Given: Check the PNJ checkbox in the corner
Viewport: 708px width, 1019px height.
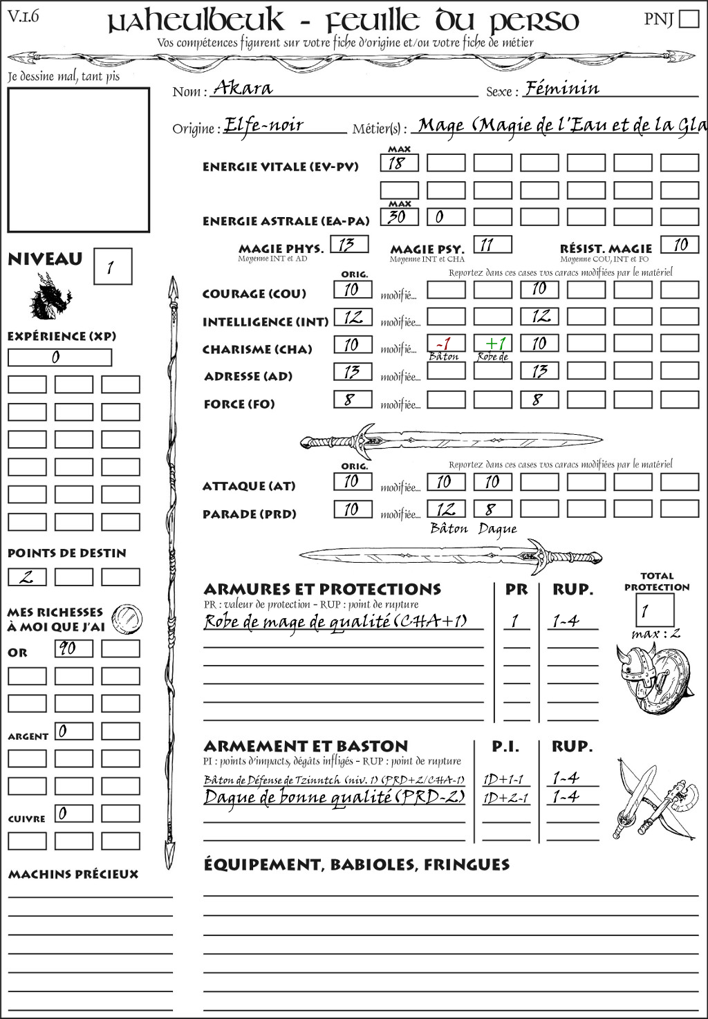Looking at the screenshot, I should pos(689,19).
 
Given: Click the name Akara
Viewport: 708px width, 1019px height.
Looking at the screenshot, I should pos(243,88).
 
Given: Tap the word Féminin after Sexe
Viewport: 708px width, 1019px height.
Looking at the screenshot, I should pos(562,88).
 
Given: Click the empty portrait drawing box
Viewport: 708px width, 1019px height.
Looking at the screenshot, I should pos(78,160).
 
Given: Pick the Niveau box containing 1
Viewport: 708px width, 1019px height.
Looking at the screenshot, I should pos(113,266).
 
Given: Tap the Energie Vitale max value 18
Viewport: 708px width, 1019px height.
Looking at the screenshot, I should pos(399,163).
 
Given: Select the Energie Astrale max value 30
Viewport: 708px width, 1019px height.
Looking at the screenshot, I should pos(399,216).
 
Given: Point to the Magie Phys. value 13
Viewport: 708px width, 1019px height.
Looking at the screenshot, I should pos(349,244).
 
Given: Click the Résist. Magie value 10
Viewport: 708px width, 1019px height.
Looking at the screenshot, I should pos(680,244).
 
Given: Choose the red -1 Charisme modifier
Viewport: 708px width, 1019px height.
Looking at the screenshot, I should pos(445,344).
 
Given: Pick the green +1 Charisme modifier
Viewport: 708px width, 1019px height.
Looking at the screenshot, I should pos(493,344).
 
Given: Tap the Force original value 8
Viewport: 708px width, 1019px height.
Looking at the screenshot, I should pos(353,400).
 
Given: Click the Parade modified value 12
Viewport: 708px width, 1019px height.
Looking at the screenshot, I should pos(446,509).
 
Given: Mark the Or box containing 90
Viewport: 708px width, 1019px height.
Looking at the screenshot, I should pos(73,648).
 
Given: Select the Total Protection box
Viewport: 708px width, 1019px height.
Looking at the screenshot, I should pos(654,610).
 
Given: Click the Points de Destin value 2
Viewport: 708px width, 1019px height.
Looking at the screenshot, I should pos(27,577).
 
